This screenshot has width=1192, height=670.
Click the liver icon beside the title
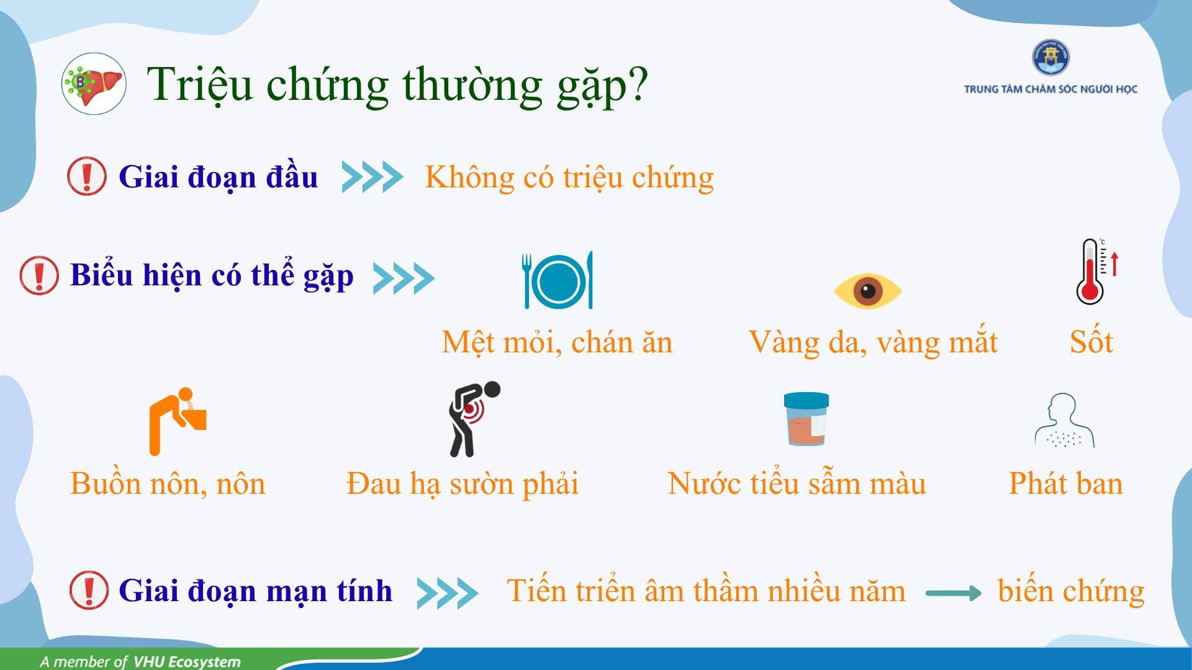point(94,84)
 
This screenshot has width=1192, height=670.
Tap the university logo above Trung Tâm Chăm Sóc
point(1050,58)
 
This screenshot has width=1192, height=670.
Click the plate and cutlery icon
point(558,280)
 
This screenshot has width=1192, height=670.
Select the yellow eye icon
point(867,290)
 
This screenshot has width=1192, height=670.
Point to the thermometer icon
point(1096,271)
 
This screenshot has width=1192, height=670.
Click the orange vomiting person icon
point(178,422)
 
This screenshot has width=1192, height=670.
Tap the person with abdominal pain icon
point(474,419)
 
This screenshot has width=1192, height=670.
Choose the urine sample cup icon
point(806,419)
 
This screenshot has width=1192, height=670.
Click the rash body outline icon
point(1064,420)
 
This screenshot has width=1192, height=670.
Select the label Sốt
point(1091,342)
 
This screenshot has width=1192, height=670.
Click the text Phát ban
point(1066,483)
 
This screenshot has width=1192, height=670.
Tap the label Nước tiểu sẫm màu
point(797,483)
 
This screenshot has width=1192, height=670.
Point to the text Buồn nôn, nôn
point(168,483)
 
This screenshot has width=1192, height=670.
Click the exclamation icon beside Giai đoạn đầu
point(87,176)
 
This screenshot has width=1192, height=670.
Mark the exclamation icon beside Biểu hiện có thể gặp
point(39,275)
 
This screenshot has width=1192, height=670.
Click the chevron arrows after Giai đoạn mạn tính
point(447,592)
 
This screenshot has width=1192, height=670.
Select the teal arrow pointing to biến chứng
point(953,593)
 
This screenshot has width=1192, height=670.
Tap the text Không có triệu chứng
point(569,178)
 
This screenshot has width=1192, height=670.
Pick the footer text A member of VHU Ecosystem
point(140,661)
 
